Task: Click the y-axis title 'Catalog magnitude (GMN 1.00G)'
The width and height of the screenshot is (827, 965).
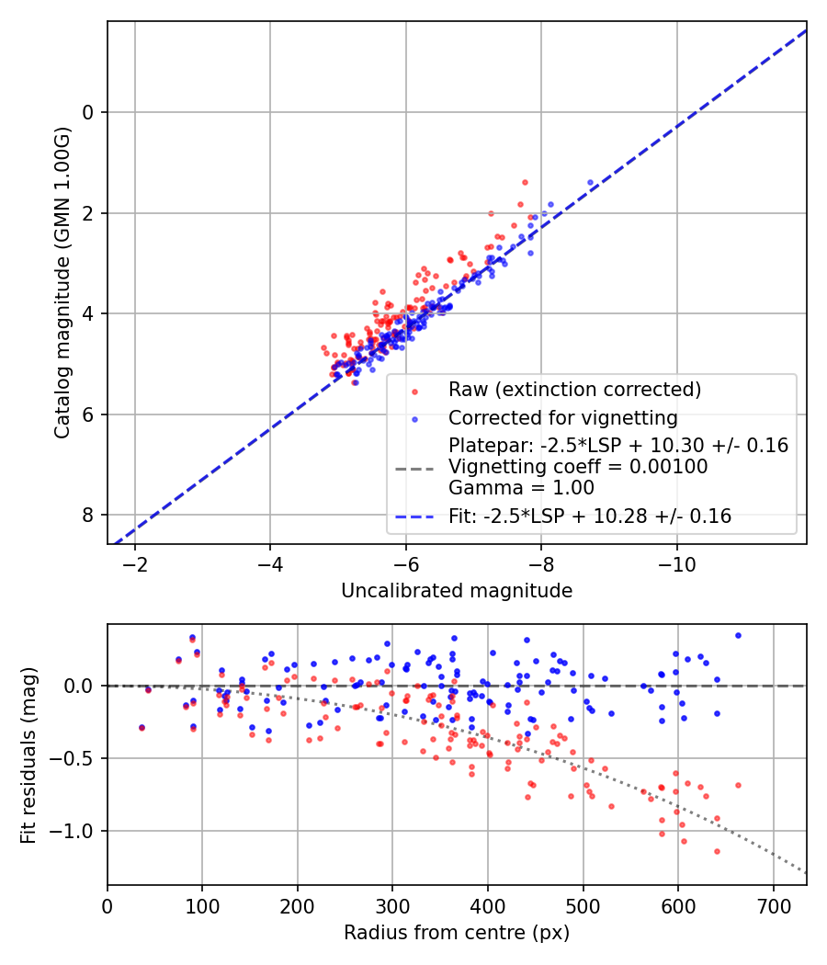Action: [x=62, y=283]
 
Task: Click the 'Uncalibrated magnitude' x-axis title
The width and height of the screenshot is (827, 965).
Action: [x=457, y=591]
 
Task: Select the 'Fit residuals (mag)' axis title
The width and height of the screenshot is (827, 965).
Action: [x=28, y=755]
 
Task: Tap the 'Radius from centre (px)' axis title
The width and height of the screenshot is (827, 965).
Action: [x=457, y=933]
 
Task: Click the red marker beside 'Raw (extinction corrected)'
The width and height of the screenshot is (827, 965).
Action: [x=414, y=392]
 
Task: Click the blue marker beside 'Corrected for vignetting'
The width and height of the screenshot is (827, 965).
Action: [x=414, y=420]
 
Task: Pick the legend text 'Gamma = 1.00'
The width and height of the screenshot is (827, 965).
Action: [x=521, y=488]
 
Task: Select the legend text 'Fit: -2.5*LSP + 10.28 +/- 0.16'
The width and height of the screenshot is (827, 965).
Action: [x=590, y=516]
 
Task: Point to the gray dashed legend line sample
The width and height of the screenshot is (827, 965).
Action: [x=414, y=469]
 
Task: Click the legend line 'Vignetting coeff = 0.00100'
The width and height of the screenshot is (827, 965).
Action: [x=578, y=467]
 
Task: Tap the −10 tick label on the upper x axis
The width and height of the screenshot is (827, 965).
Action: [x=677, y=564]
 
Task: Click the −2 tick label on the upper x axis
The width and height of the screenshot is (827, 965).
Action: [x=135, y=564]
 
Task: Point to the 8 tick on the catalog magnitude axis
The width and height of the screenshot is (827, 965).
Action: [x=87, y=515]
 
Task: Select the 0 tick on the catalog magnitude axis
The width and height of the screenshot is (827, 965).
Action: [x=87, y=112]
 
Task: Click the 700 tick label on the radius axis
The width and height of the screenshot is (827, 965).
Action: [x=773, y=906]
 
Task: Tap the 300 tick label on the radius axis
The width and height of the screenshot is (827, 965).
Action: [x=392, y=906]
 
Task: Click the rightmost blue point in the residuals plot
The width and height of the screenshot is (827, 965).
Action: [x=739, y=636]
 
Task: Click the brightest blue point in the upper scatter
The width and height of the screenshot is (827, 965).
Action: [x=590, y=183]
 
